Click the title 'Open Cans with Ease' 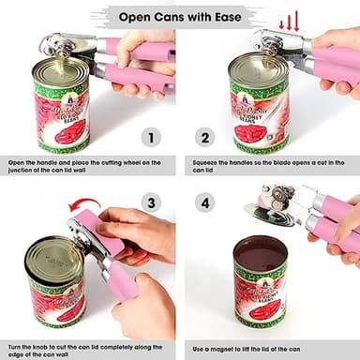click(x=180, y=16)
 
